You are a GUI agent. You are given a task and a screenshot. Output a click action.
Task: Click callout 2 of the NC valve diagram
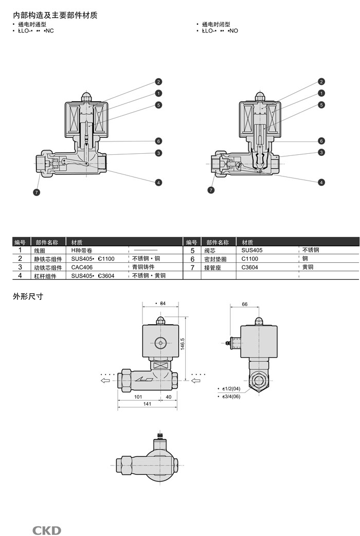click(x=159, y=82)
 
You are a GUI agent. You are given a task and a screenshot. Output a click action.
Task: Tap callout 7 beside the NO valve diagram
click(x=211, y=190)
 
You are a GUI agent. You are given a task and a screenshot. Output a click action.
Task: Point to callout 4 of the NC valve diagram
click(x=159, y=182)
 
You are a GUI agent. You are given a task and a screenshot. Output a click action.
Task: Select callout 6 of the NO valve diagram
click(x=321, y=141)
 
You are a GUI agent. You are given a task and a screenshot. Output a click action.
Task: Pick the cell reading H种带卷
click(x=82, y=250)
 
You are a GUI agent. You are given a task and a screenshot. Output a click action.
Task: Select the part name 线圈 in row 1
click(x=40, y=251)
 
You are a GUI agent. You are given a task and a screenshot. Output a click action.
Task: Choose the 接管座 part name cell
click(x=212, y=268)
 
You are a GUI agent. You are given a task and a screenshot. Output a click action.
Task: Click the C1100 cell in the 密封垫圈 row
click(x=250, y=259)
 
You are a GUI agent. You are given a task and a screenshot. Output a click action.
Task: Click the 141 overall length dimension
click(x=147, y=404)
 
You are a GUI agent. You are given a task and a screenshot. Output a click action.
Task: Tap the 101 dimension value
click(x=138, y=397)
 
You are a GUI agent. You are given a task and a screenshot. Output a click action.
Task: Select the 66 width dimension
click(x=245, y=304)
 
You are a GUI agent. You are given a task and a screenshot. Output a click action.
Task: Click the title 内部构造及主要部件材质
click(x=55, y=15)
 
